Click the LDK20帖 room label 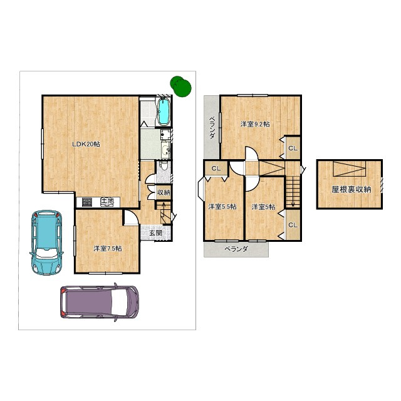(86, 144)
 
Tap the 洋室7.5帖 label (107, 248)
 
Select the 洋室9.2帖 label (255, 124)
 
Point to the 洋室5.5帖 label (222, 207)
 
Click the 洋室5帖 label (263, 207)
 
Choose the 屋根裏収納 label (351, 189)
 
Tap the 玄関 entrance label (156, 233)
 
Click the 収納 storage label (164, 192)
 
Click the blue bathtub (164, 112)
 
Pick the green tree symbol (180, 86)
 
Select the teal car (46, 242)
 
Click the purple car (100, 302)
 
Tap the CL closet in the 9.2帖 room (293, 148)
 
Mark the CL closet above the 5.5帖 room (216, 169)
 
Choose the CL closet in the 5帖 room (293, 225)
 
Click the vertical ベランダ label (212, 128)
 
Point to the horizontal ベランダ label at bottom (236, 249)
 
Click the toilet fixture (164, 166)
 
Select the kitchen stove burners (87, 202)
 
